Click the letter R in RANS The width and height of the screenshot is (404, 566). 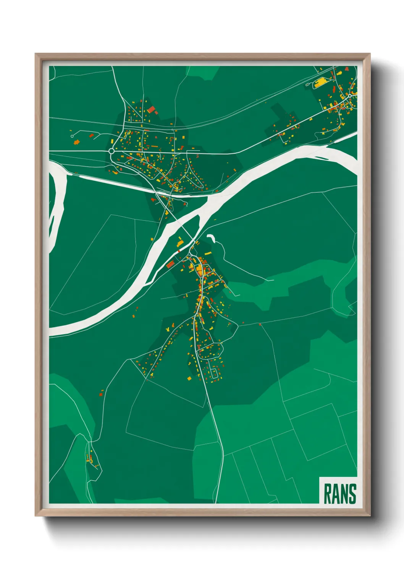tap(328, 494)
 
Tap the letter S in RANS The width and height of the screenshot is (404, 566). tap(352, 494)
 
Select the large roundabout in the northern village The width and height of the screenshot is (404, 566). tap(112, 151)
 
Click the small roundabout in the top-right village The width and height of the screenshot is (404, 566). tap(349, 96)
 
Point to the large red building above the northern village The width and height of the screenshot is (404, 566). tap(152, 110)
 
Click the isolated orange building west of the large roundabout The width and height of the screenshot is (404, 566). tap(76, 142)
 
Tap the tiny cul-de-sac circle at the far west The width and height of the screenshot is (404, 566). tap(72, 136)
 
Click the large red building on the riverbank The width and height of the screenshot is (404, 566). tap(170, 264)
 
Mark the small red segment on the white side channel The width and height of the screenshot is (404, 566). tap(178, 251)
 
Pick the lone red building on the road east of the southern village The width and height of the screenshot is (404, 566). tap(260, 325)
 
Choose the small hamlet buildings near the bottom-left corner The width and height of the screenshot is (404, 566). tap(92, 459)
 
